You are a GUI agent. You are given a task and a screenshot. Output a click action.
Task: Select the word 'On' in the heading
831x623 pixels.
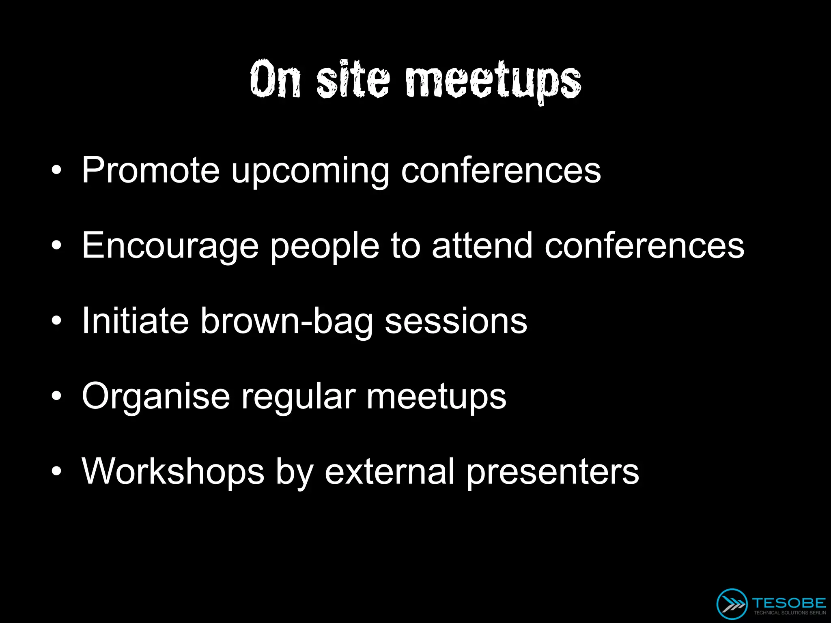[x=276, y=79]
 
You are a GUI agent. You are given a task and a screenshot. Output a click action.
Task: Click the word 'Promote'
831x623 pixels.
[x=151, y=170]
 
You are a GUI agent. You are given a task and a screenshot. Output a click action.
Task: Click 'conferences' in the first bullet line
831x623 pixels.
[x=501, y=170]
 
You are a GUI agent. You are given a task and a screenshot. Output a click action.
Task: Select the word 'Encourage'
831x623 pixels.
[x=170, y=247]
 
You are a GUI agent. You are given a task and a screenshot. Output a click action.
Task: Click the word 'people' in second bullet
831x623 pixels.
[x=325, y=247]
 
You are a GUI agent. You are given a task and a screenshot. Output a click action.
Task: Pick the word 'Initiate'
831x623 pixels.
[x=135, y=320]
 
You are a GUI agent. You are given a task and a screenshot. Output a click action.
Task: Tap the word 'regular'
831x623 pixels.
[x=299, y=397]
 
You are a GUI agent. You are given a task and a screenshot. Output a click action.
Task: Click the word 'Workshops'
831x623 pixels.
[x=173, y=471]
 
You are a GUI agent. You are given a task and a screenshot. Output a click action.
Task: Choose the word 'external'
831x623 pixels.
[x=390, y=471]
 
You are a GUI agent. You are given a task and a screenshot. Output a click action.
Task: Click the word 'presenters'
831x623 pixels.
[x=553, y=473]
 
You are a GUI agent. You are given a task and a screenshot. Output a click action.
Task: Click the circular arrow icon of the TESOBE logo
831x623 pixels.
[x=732, y=604]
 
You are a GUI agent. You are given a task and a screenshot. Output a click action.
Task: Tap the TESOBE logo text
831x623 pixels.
[x=789, y=603]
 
